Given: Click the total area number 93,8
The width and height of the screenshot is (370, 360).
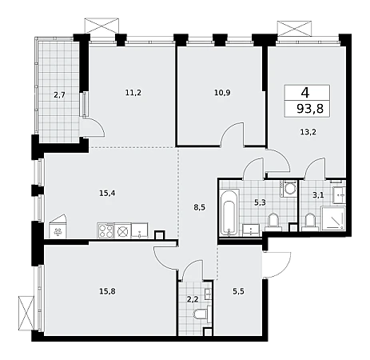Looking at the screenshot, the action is (310, 109).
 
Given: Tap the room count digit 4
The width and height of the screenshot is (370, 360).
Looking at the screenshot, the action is (305, 93).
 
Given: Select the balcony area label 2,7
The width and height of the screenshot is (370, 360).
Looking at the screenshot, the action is (59, 94).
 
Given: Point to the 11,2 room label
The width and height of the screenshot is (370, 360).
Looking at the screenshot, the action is (133, 93).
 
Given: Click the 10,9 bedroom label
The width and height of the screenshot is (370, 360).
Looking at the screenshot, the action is (222, 93).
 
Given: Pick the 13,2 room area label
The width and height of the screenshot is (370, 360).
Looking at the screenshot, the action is (308, 132).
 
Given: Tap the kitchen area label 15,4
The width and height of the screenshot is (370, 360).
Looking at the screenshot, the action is (107, 193).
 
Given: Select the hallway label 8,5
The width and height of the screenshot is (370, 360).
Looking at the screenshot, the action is (200, 207).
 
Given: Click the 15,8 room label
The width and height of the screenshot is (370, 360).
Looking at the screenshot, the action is (107, 291).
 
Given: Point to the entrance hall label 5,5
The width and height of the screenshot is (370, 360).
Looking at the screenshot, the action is (238, 291).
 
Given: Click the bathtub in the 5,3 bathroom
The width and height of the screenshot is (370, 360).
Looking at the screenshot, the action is (229, 213).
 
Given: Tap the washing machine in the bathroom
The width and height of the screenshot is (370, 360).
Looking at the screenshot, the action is (288, 189).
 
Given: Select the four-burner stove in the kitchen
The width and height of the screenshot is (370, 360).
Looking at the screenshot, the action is (105, 230).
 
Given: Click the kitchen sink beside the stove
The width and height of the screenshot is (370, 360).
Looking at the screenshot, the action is (140, 230).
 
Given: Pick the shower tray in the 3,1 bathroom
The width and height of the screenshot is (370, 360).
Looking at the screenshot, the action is (333, 218).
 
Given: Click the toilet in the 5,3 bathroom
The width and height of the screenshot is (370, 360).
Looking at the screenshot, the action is (273, 222).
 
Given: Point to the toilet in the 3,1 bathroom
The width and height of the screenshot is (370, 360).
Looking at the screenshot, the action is (310, 222).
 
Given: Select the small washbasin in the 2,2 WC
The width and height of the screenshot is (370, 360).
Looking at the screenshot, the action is (208, 294).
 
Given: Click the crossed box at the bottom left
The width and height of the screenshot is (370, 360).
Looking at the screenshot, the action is (26, 313).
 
